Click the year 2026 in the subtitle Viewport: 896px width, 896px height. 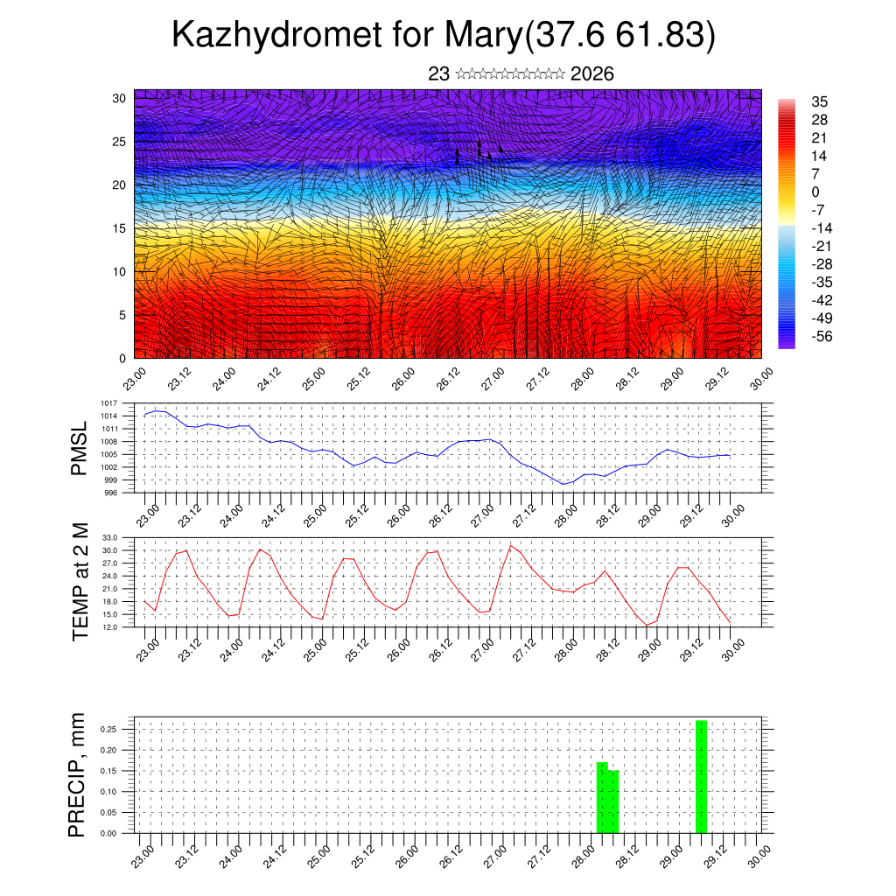(x=591, y=74)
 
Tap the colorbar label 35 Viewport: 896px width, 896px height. (x=819, y=102)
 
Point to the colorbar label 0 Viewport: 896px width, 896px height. (x=815, y=192)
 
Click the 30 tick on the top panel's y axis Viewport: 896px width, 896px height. (x=119, y=98)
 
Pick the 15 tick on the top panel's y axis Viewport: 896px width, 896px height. (x=119, y=228)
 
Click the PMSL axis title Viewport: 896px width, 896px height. (x=79, y=448)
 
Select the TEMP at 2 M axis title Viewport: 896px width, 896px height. (x=80, y=581)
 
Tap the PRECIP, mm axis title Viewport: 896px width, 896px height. (x=79, y=774)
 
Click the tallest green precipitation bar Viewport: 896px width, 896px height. (x=701, y=776)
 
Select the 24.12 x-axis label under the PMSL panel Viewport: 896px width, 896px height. (x=274, y=514)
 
